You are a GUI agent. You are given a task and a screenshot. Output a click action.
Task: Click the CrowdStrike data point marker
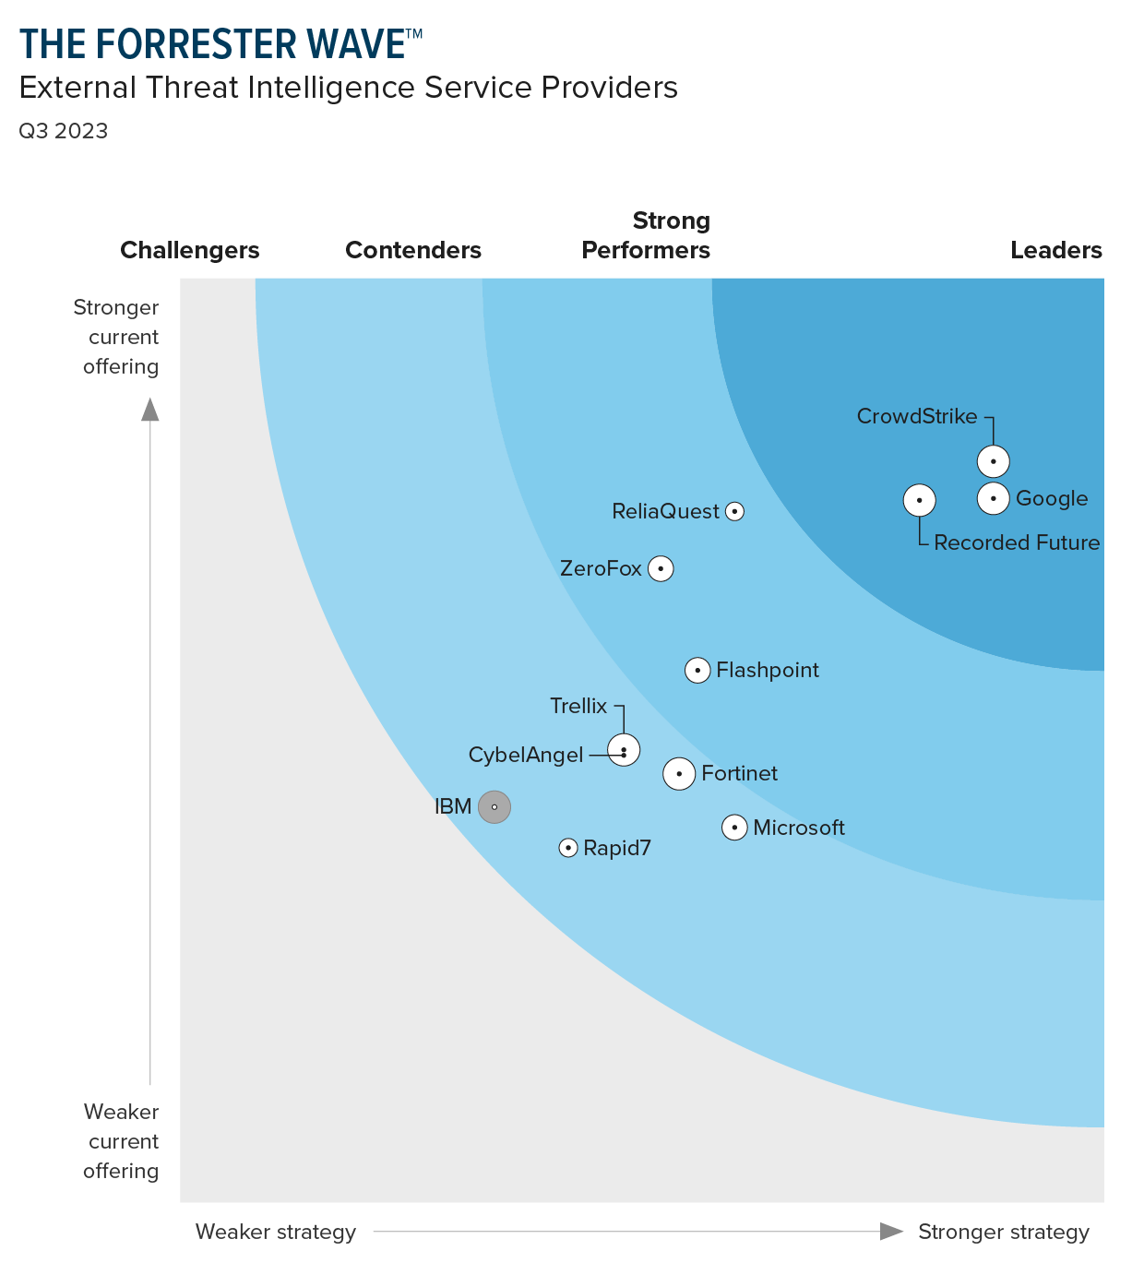994,460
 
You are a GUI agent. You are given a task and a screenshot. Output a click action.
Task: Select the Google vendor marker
994,498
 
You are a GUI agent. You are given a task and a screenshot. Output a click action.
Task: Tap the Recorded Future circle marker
919,500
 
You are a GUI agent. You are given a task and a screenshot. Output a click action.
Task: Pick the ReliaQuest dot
734,511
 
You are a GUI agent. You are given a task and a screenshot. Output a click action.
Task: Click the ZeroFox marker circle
661,568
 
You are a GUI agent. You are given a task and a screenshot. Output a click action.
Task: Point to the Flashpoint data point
697,670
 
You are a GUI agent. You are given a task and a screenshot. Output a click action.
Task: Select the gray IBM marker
495,807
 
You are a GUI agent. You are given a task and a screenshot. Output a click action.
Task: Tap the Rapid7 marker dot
568,848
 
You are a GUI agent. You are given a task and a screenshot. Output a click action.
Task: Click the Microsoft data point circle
734,828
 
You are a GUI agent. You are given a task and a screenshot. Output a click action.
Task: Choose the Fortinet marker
680,773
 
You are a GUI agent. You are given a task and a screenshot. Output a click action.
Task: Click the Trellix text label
578,707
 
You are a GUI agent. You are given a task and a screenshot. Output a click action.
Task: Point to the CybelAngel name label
526,756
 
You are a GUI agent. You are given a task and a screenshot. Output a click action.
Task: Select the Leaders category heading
1056,250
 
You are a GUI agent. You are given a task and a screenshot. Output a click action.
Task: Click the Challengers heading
190,250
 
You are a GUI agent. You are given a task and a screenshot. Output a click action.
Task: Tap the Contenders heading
413,250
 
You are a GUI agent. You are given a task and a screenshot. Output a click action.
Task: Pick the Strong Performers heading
646,235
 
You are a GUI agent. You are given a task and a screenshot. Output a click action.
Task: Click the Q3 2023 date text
64,131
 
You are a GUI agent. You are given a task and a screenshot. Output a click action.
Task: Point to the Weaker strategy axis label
276,1232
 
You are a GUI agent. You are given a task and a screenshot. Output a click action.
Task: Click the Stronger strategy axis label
1004,1232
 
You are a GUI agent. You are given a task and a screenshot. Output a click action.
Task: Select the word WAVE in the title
352,44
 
